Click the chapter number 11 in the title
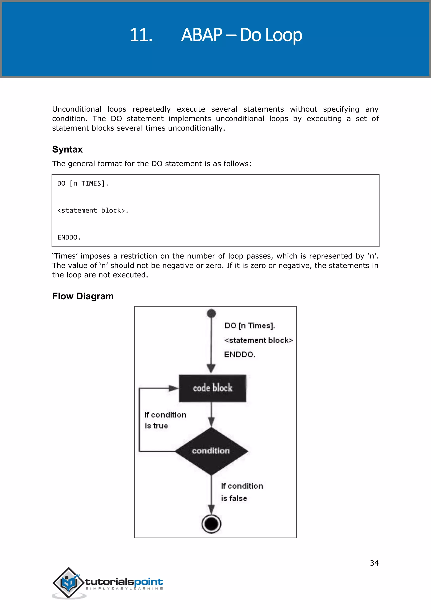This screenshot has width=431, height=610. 141,35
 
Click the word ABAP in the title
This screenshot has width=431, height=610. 202,35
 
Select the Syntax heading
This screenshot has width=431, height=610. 67,149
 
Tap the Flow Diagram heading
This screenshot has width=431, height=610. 83,296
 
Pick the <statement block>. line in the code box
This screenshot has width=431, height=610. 93,210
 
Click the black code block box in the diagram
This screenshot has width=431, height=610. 212,388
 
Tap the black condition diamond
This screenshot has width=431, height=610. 211,451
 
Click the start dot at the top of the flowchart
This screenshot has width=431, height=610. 211,313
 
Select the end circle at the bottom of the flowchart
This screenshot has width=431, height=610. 211,524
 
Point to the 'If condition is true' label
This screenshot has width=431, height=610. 165,420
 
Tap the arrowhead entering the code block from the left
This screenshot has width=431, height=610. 174,388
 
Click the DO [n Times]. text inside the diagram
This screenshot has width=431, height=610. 249,326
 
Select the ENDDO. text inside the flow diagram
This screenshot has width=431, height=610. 239,354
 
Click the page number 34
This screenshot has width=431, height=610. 374,563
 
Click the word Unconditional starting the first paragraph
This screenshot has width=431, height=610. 76,109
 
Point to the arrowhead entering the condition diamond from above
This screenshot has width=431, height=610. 211,422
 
